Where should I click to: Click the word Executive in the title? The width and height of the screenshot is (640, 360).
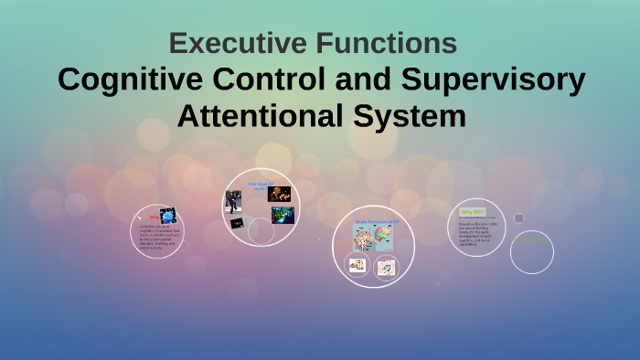coord(234,43)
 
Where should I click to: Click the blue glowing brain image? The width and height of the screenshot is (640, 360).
coord(166,217)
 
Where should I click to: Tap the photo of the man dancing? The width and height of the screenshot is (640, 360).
coord(234,200)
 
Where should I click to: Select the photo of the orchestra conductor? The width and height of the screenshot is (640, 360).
coord(279,194)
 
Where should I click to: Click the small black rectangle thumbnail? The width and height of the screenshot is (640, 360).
coord(237,224)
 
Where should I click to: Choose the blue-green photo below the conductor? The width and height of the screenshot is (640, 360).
coord(283,215)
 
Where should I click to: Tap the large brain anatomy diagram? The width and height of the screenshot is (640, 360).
coord(374,239)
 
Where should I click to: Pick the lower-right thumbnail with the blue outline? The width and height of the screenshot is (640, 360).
coord(387,268)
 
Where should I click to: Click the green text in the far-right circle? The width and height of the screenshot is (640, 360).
coord(530,239)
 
